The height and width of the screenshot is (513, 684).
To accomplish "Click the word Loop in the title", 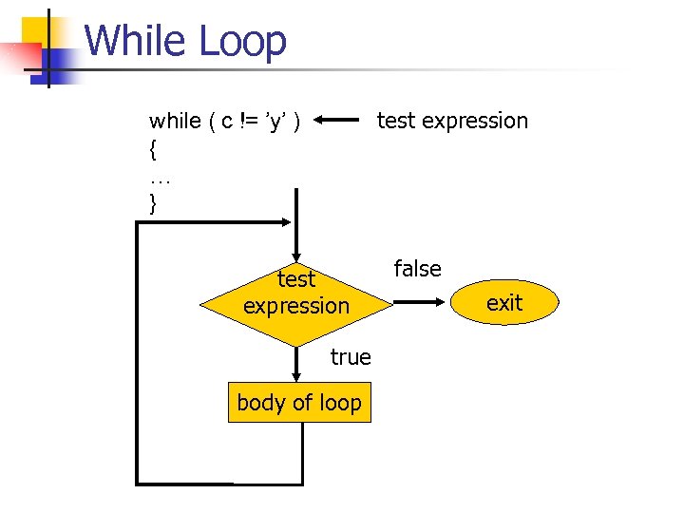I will [x=242, y=42].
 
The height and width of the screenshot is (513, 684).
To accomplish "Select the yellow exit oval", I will [x=504, y=304].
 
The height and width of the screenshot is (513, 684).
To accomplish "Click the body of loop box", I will [x=299, y=403].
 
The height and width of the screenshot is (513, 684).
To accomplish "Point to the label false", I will [x=418, y=269].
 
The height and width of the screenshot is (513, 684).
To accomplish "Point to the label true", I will [x=351, y=357].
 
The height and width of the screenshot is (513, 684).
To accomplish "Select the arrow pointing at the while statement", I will [x=336, y=121].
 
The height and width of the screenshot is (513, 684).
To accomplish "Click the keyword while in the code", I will [x=175, y=121].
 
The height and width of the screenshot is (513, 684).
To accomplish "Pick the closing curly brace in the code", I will [x=152, y=204].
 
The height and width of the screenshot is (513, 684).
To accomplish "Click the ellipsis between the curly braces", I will [x=158, y=177].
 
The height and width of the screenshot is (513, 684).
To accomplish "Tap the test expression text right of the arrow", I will [x=452, y=121].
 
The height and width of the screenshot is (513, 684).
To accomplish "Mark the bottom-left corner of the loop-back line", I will [x=139, y=484].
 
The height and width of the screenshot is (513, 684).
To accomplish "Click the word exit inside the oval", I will [x=504, y=303].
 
